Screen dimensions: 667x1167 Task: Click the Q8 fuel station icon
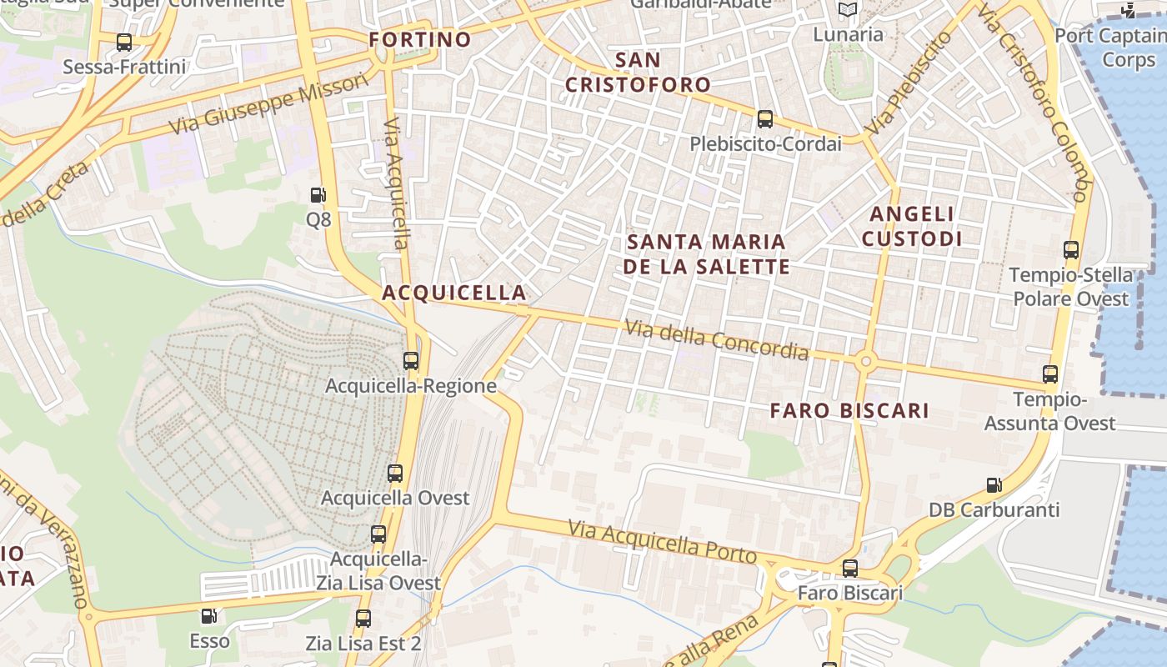coord(318,195)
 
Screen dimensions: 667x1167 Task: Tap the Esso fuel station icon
coord(209,616)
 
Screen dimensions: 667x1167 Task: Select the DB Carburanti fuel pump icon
coord(994,484)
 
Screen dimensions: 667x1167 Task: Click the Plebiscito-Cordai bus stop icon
coord(764,119)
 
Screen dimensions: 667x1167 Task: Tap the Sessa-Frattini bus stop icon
coord(124,43)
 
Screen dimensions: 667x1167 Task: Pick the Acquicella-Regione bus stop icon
coord(411,361)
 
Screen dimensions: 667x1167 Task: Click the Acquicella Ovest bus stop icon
coord(395,474)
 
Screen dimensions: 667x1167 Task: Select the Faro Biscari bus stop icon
coord(849,569)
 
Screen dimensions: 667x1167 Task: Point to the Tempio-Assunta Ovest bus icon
coord(1050,374)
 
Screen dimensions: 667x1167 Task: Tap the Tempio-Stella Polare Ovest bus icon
coord(1071,249)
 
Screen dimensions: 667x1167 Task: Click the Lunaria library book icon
coord(848,10)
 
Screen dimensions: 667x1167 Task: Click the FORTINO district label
coord(420,39)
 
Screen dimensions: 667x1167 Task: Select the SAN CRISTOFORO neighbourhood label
coord(638,72)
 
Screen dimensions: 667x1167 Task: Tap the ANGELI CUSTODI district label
coord(912,226)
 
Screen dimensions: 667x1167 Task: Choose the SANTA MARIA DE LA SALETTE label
coord(707,253)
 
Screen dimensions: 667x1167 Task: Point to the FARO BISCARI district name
coord(849,410)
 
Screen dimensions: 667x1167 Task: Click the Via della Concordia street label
coord(716,340)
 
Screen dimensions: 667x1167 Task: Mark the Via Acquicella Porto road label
coord(662,541)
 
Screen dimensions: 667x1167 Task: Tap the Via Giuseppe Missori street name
coord(268,104)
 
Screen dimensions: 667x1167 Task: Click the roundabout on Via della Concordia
coord(865,361)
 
